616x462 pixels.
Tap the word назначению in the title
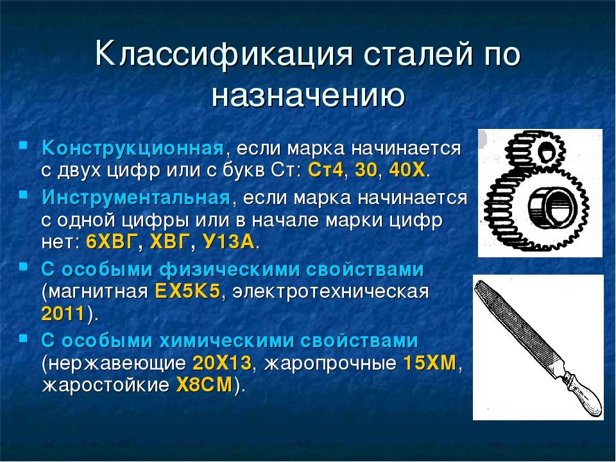click(x=307, y=96)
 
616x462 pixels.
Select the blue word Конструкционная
click(x=132, y=149)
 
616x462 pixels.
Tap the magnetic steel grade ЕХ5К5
click(x=188, y=291)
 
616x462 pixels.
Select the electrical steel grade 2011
click(x=63, y=314)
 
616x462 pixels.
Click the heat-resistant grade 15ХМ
click(x=429, y=363)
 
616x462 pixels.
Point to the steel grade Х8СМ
click(x=203, y=386)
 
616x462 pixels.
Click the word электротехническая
click(x=330, y=291)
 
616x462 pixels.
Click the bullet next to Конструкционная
click(x=23, y=146)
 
